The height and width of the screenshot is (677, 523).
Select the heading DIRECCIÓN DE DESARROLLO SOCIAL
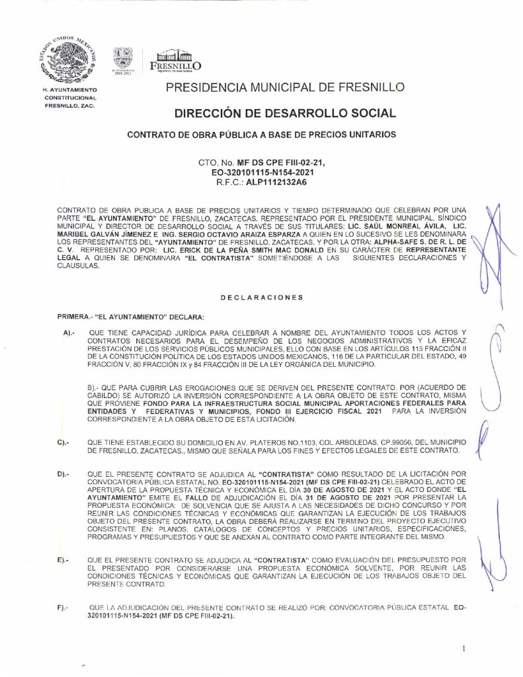point(285,113)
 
